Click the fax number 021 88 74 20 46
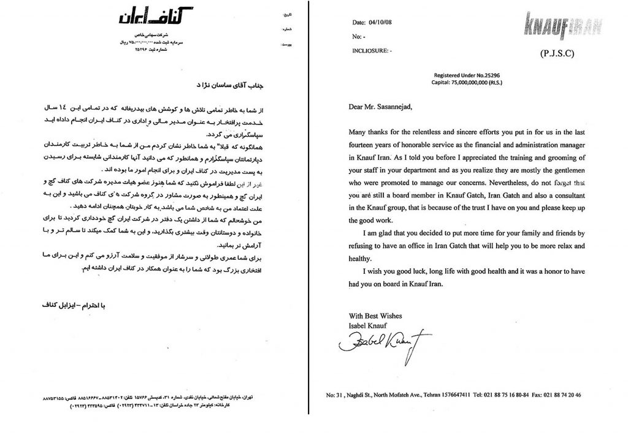[576, 395]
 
